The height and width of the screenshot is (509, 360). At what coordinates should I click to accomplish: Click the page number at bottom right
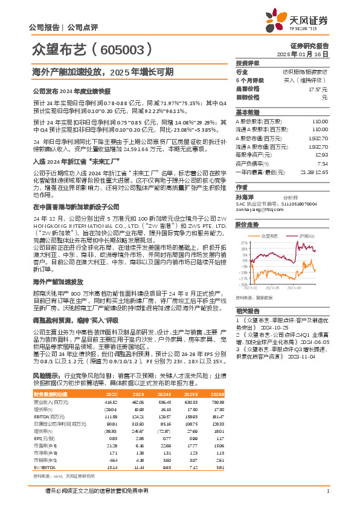(327, 491)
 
